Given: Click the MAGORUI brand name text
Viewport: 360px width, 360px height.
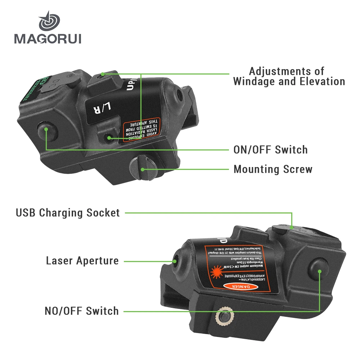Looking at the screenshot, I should (48, 37).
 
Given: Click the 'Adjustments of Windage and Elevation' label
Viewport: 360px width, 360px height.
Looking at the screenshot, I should (289, 76).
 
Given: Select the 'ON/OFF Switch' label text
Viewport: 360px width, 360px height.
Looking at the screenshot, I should (270, 149).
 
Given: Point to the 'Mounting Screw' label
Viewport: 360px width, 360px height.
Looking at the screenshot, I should (273, 169).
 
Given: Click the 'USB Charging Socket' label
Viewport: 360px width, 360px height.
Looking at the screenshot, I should (68, 212).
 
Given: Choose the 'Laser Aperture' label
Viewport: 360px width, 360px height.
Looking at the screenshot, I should (82, 260).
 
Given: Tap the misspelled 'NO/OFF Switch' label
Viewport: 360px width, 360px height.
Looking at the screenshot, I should (82, 311).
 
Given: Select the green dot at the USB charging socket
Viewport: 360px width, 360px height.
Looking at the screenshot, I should (292, 228).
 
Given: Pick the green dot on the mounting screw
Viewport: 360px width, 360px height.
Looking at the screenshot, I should (143, 169).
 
